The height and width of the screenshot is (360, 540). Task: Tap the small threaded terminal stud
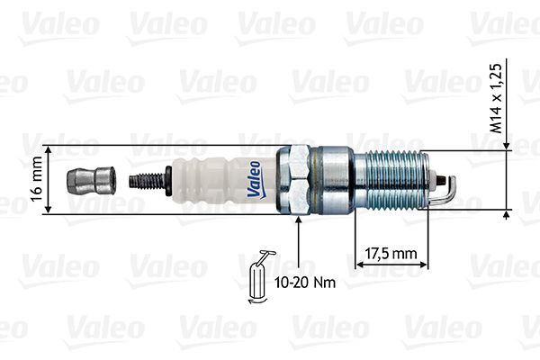coord(148,180)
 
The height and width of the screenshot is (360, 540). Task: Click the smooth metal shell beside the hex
coord(335,180)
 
